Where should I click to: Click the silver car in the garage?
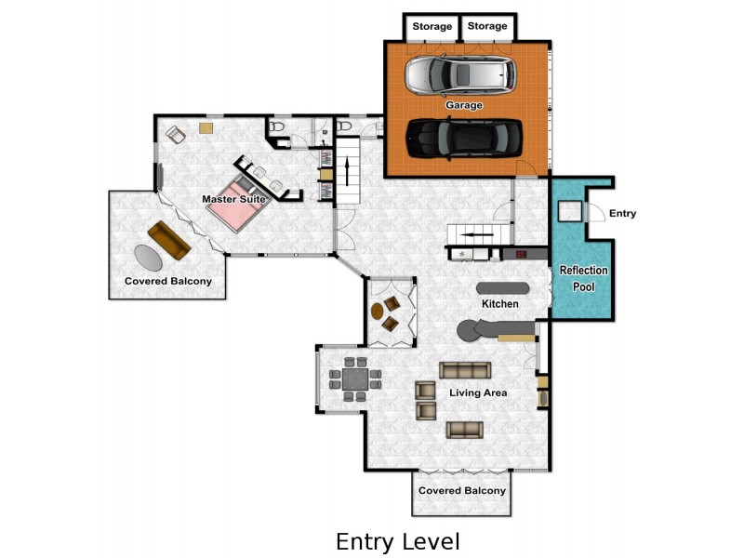[x=459, y=75]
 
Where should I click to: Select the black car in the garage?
[x=463, y=138]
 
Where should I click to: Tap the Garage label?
[x=464, y=105]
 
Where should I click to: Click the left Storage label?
[x=432, y=26]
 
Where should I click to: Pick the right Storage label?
[x=487, y=26]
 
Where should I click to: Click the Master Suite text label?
[x=234, y=199]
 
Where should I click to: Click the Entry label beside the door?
[x=622, y=214]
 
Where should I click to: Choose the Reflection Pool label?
[x=583, y=278]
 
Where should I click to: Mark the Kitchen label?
[x=499, y=304]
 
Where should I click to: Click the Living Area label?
[x=478, y=392]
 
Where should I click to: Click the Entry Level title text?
[x=397, y=541]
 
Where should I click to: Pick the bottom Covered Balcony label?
[x=462, y=490]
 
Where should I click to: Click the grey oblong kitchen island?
[x=501, y=287]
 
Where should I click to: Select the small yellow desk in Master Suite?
[x=206, y=127]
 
